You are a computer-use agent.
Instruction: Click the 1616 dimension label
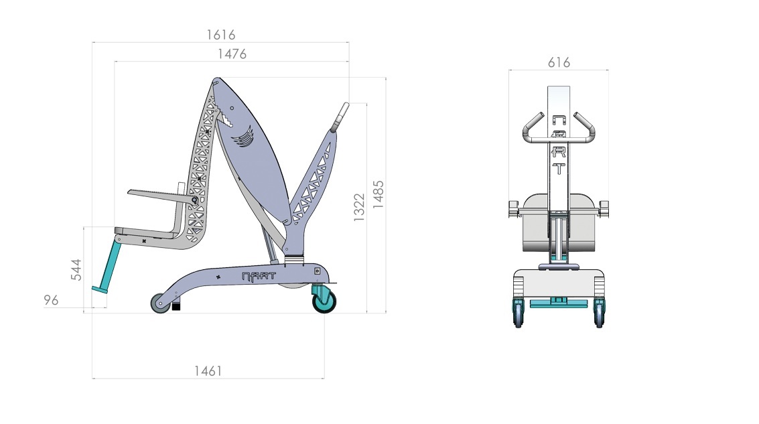tap(220, 35)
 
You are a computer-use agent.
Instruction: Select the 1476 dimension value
tap(232, 54)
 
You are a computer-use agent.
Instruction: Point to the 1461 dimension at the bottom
tap(208, 371)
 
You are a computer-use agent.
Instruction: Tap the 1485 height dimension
tap(378, 194)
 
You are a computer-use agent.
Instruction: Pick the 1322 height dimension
tap(358, 207)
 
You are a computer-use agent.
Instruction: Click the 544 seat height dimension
tap(76, 269)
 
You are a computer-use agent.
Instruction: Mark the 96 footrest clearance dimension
tap(51, 300)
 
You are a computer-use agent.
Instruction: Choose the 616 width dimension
tap(559, 62)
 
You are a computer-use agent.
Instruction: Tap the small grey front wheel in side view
tap(160, 303)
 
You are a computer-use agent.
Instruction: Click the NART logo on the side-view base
tap(259, 277)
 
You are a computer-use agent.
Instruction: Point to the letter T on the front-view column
tap(559, 168)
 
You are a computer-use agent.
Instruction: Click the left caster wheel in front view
tap(519, 313)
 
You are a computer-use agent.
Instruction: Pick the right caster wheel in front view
tap(600, 313)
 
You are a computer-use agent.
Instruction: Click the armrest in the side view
tap(163, 196)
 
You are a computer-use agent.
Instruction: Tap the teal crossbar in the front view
tap(559, 304)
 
